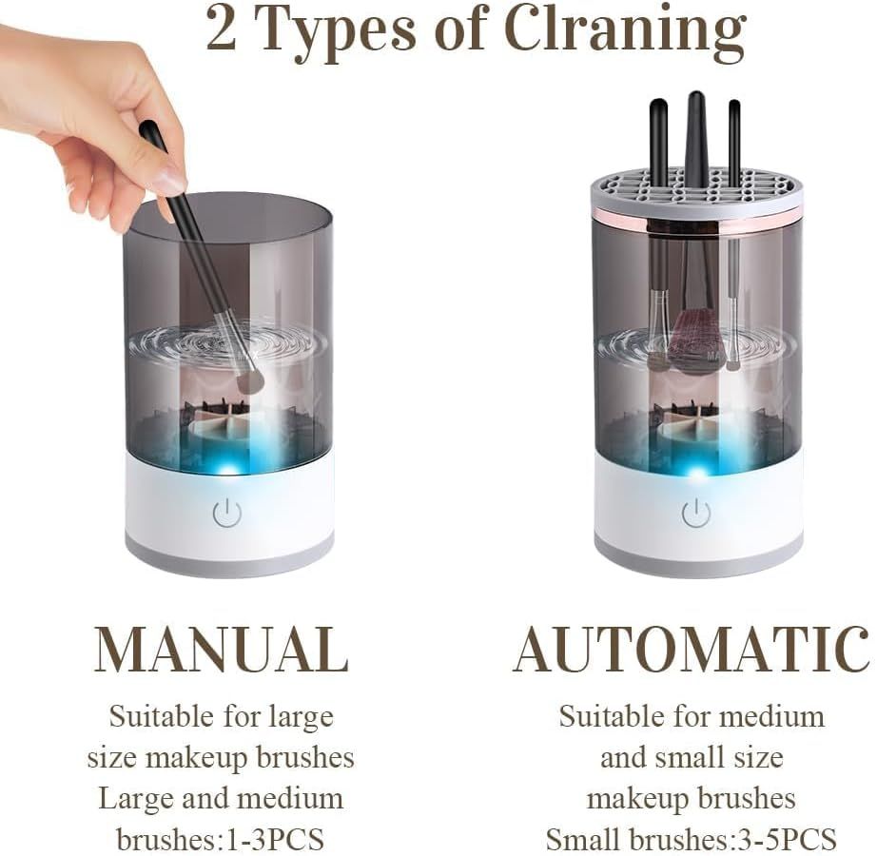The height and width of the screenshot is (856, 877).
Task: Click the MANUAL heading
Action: [221, 651]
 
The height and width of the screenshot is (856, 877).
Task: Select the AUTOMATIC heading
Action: [692, 651]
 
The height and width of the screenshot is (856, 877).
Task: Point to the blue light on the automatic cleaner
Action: [697, 471]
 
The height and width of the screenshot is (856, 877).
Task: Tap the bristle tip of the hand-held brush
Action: [250, 380]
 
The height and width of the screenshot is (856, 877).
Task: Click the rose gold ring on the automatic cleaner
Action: [696, 221]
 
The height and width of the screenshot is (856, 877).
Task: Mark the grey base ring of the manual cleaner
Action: [228, 563]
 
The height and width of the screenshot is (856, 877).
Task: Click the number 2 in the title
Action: [221, 30]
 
